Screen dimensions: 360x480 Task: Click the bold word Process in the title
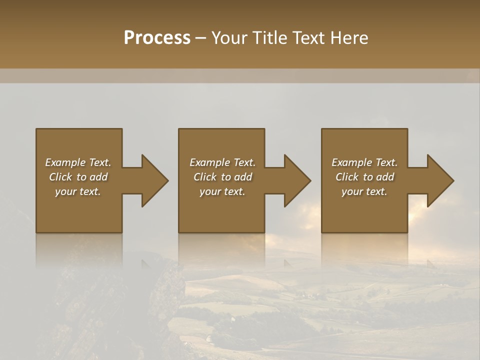point(157,38)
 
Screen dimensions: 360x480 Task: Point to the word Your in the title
point(229,38)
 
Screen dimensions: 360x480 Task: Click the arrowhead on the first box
point(153,180)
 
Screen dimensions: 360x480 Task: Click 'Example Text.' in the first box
point(78,162)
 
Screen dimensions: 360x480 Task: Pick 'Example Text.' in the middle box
point(222,162)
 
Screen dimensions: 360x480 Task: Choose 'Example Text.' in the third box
point(364,162)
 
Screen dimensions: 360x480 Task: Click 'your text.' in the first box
point(78,191)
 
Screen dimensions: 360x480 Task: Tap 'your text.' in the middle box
point(222,191)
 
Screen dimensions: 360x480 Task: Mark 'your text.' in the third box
point(364,191)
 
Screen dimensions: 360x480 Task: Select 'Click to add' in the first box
point(78,177)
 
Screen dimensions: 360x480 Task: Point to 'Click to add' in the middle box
point(222,177)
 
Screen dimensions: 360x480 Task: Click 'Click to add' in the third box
point(364,177)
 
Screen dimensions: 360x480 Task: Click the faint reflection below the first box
point(79,250)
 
